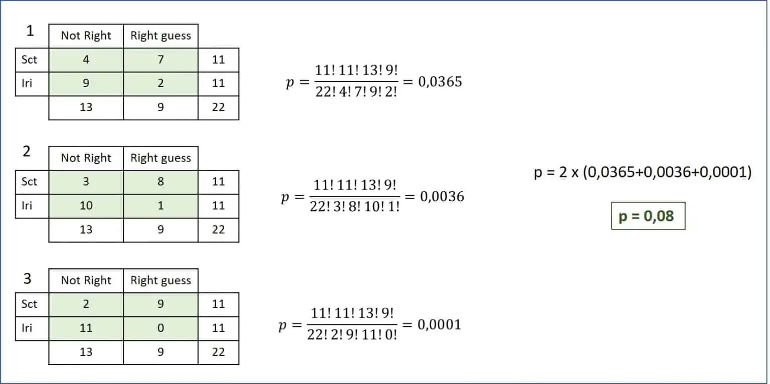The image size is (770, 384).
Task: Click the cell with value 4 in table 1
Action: [86, 60]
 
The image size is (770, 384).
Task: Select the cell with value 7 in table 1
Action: [160, 60]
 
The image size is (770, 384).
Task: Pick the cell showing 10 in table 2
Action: [86, 206]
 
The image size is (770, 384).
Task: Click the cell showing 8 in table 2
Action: [160, 182]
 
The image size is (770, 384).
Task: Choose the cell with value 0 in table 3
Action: [160, 328]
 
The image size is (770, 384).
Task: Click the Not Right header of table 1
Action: [86, 36]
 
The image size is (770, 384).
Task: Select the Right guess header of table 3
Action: [160, 281]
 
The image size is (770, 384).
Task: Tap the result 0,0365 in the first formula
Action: [440, 82]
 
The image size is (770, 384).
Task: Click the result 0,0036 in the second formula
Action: [442, 196]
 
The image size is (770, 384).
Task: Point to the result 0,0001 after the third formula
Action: [439, 324]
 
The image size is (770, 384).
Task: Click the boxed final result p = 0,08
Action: [648, 216]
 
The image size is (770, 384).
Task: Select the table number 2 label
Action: [27, 151]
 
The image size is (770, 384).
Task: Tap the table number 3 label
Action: [27, 279]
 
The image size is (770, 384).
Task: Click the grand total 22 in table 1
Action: [218, 108]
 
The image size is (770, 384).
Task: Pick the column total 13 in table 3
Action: [86, 352]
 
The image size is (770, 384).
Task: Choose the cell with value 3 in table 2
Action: [86, 182]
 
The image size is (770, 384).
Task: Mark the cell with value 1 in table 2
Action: [160, 206]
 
